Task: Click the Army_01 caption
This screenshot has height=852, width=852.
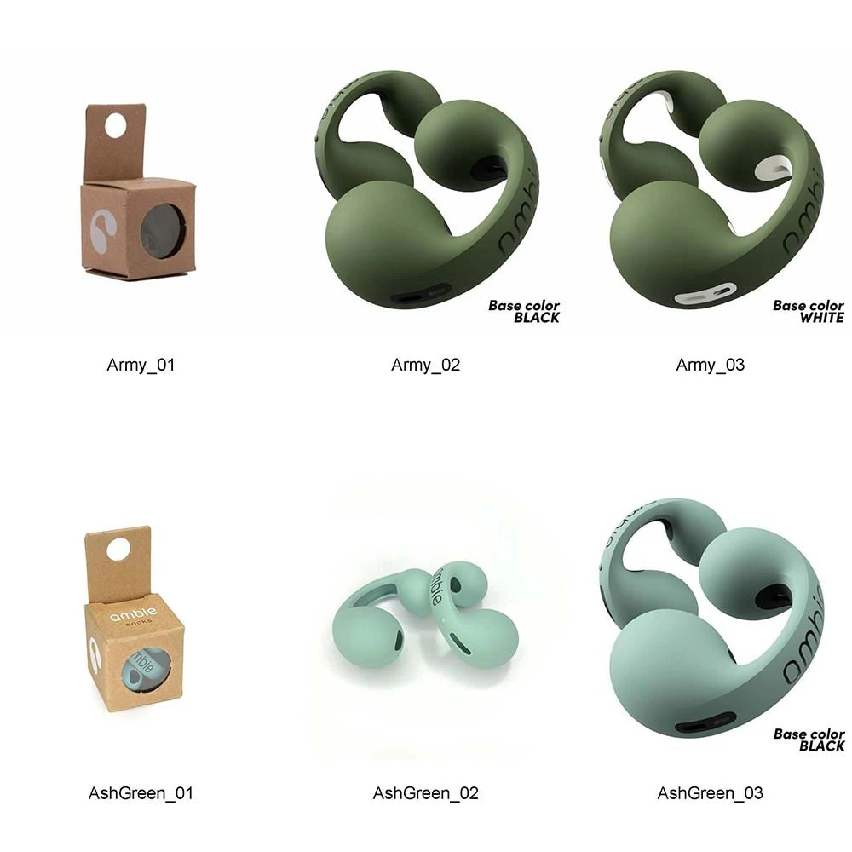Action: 141,365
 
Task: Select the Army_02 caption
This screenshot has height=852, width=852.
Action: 425,365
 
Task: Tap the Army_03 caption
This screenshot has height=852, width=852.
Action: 711,365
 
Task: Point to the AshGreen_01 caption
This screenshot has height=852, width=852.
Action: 141,793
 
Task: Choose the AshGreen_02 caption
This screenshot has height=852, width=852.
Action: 425,793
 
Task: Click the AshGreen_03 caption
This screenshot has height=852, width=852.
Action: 711,793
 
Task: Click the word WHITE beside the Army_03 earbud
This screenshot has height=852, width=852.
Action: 821,317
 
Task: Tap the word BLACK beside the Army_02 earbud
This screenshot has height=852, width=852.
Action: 536,317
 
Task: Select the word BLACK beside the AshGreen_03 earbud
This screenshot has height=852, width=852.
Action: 821,746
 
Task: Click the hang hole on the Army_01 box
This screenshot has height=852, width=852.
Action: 115,126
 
